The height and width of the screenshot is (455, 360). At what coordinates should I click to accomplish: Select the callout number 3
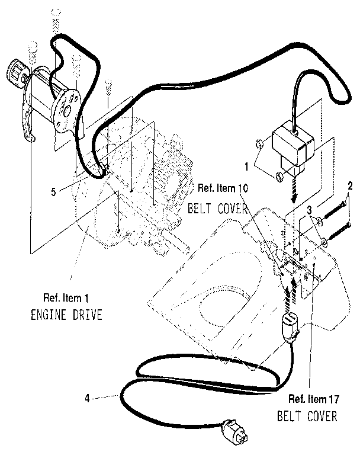308,212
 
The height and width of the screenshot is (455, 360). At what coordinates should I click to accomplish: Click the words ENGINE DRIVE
66,314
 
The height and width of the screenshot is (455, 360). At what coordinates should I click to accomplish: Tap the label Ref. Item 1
67,297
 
